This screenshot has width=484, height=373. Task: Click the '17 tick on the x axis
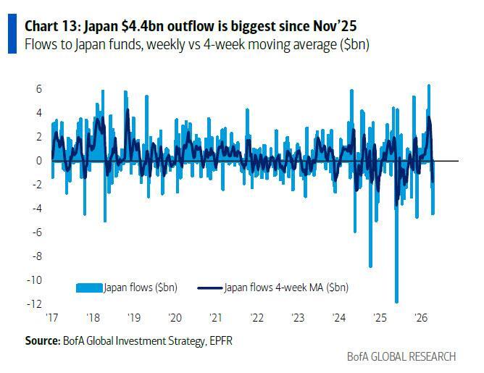coord(53,317)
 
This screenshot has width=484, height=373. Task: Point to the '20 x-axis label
coord(175,317)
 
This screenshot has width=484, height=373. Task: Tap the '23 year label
coord(299,317)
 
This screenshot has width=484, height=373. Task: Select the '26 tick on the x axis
coord(420,317)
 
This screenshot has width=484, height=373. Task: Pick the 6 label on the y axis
coord(39,89)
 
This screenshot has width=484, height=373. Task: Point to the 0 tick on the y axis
coord(39,161)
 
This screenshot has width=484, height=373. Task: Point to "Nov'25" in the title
coord(335,27)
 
